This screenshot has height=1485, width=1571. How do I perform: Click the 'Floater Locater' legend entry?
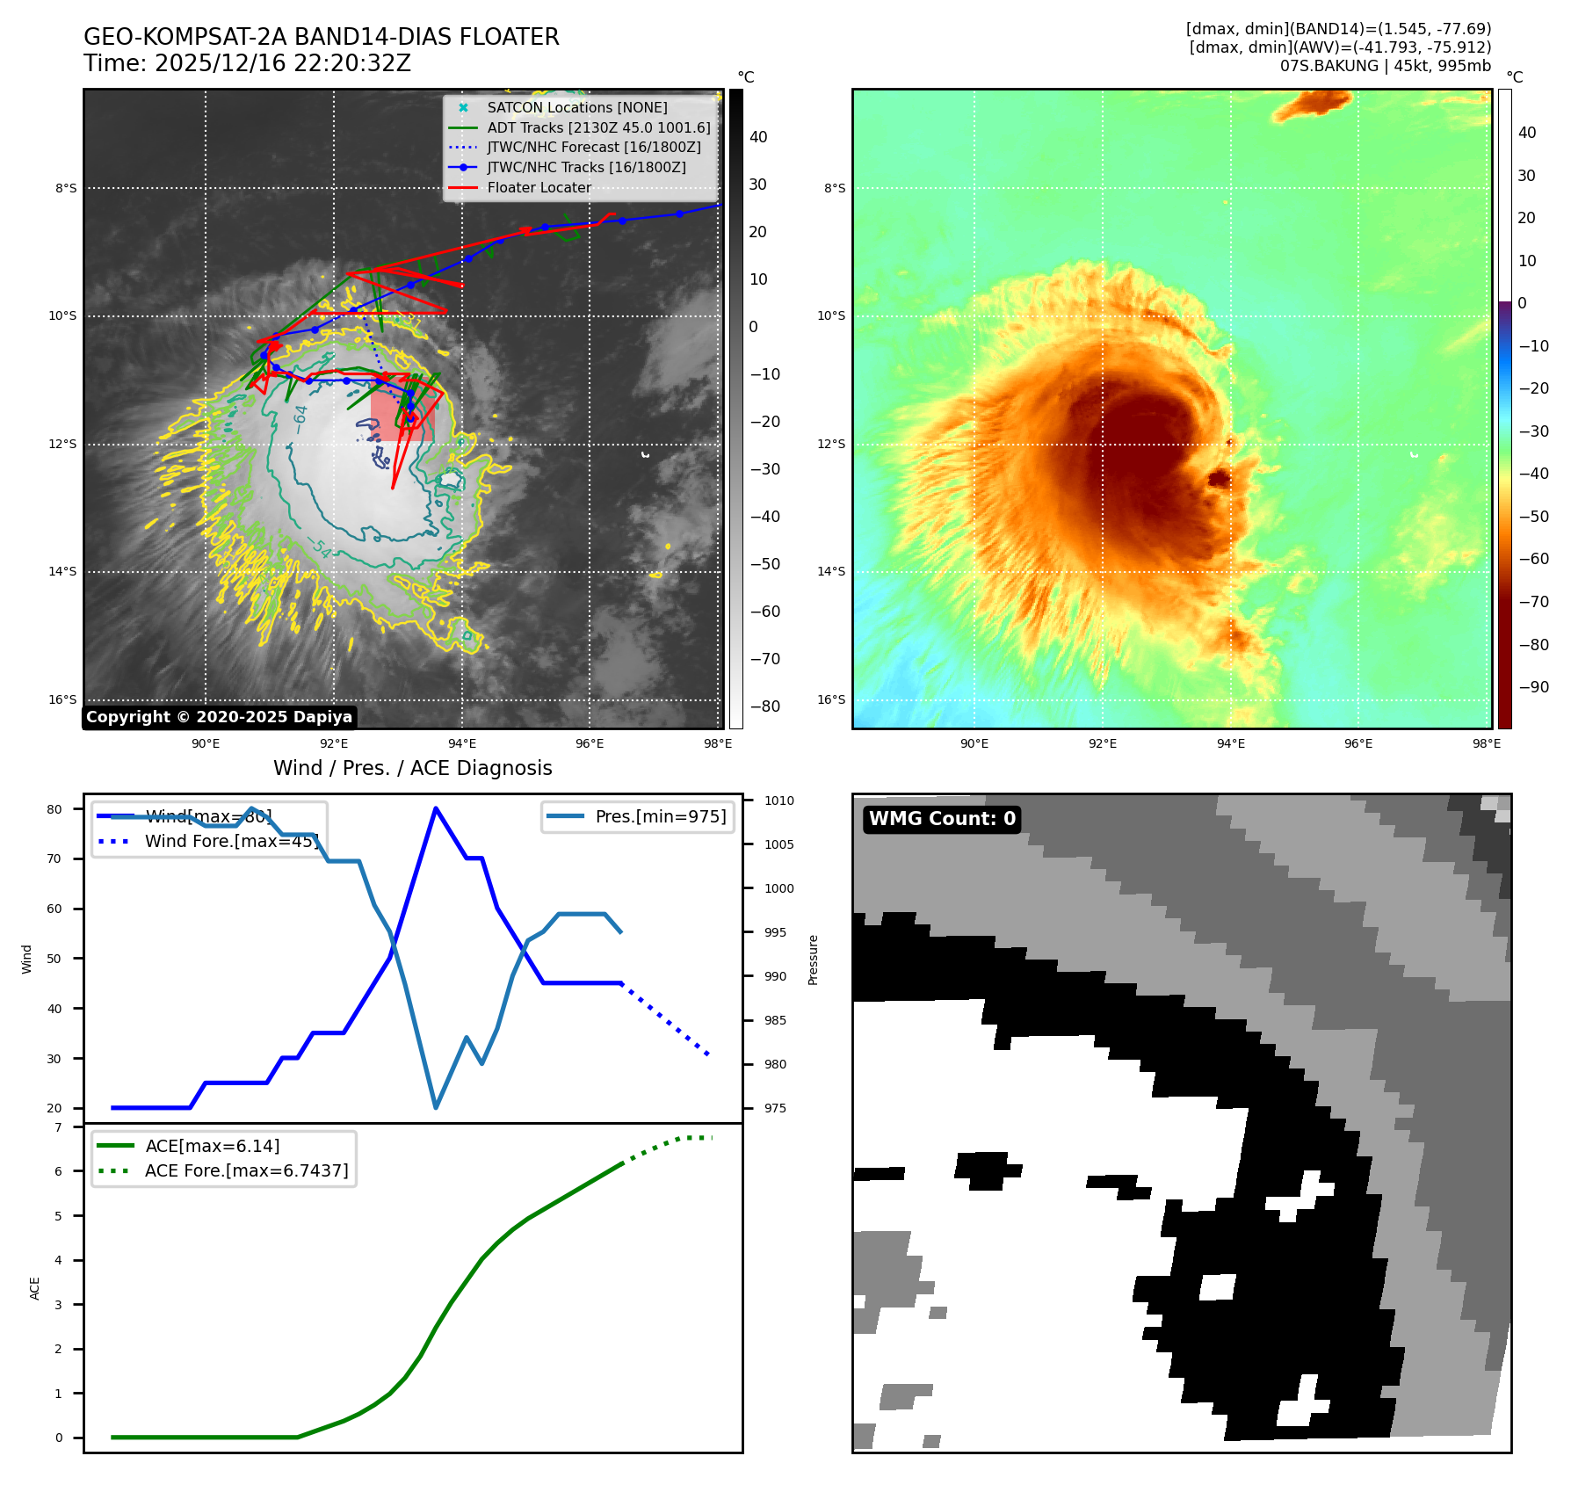[x=539, y=187]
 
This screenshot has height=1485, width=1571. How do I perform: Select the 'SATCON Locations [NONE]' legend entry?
[x=576, y=107]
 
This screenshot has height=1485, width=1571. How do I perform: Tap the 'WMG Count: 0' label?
[x=942, y=819]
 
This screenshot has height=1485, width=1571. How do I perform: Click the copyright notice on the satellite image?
[x=219, y=717]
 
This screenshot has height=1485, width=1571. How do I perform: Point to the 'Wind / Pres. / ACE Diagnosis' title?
[x=412, y=768]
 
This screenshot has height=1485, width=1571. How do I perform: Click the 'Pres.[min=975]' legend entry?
[x=660, y=816]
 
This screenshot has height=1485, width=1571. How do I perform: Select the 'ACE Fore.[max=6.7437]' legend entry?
[x=246, y=1170]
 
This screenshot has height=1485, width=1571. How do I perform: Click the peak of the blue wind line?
[x=436, y=808]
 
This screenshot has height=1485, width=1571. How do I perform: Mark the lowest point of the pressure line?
[x=436, y=1107]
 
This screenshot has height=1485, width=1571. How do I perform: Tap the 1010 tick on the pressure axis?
[x=778, y=800]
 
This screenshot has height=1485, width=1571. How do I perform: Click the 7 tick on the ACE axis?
[x=59, y=1127]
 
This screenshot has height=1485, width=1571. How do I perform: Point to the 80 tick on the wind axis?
[x=54, y=809]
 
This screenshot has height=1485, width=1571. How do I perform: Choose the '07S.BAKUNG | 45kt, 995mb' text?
[x=1385, y=66]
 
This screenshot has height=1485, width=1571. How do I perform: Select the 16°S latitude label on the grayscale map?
[x=62, y=699]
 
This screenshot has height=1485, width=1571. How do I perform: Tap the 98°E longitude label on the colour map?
[x=1487, y=743]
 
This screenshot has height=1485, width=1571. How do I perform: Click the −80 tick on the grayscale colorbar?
[x=764, y=706]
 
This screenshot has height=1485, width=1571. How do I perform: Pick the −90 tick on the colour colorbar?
[x=1533, y=687]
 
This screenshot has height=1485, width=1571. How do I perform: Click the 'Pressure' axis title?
[x=814, y=960]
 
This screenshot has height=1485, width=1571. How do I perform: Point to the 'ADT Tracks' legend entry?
[x=598, y=127]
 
